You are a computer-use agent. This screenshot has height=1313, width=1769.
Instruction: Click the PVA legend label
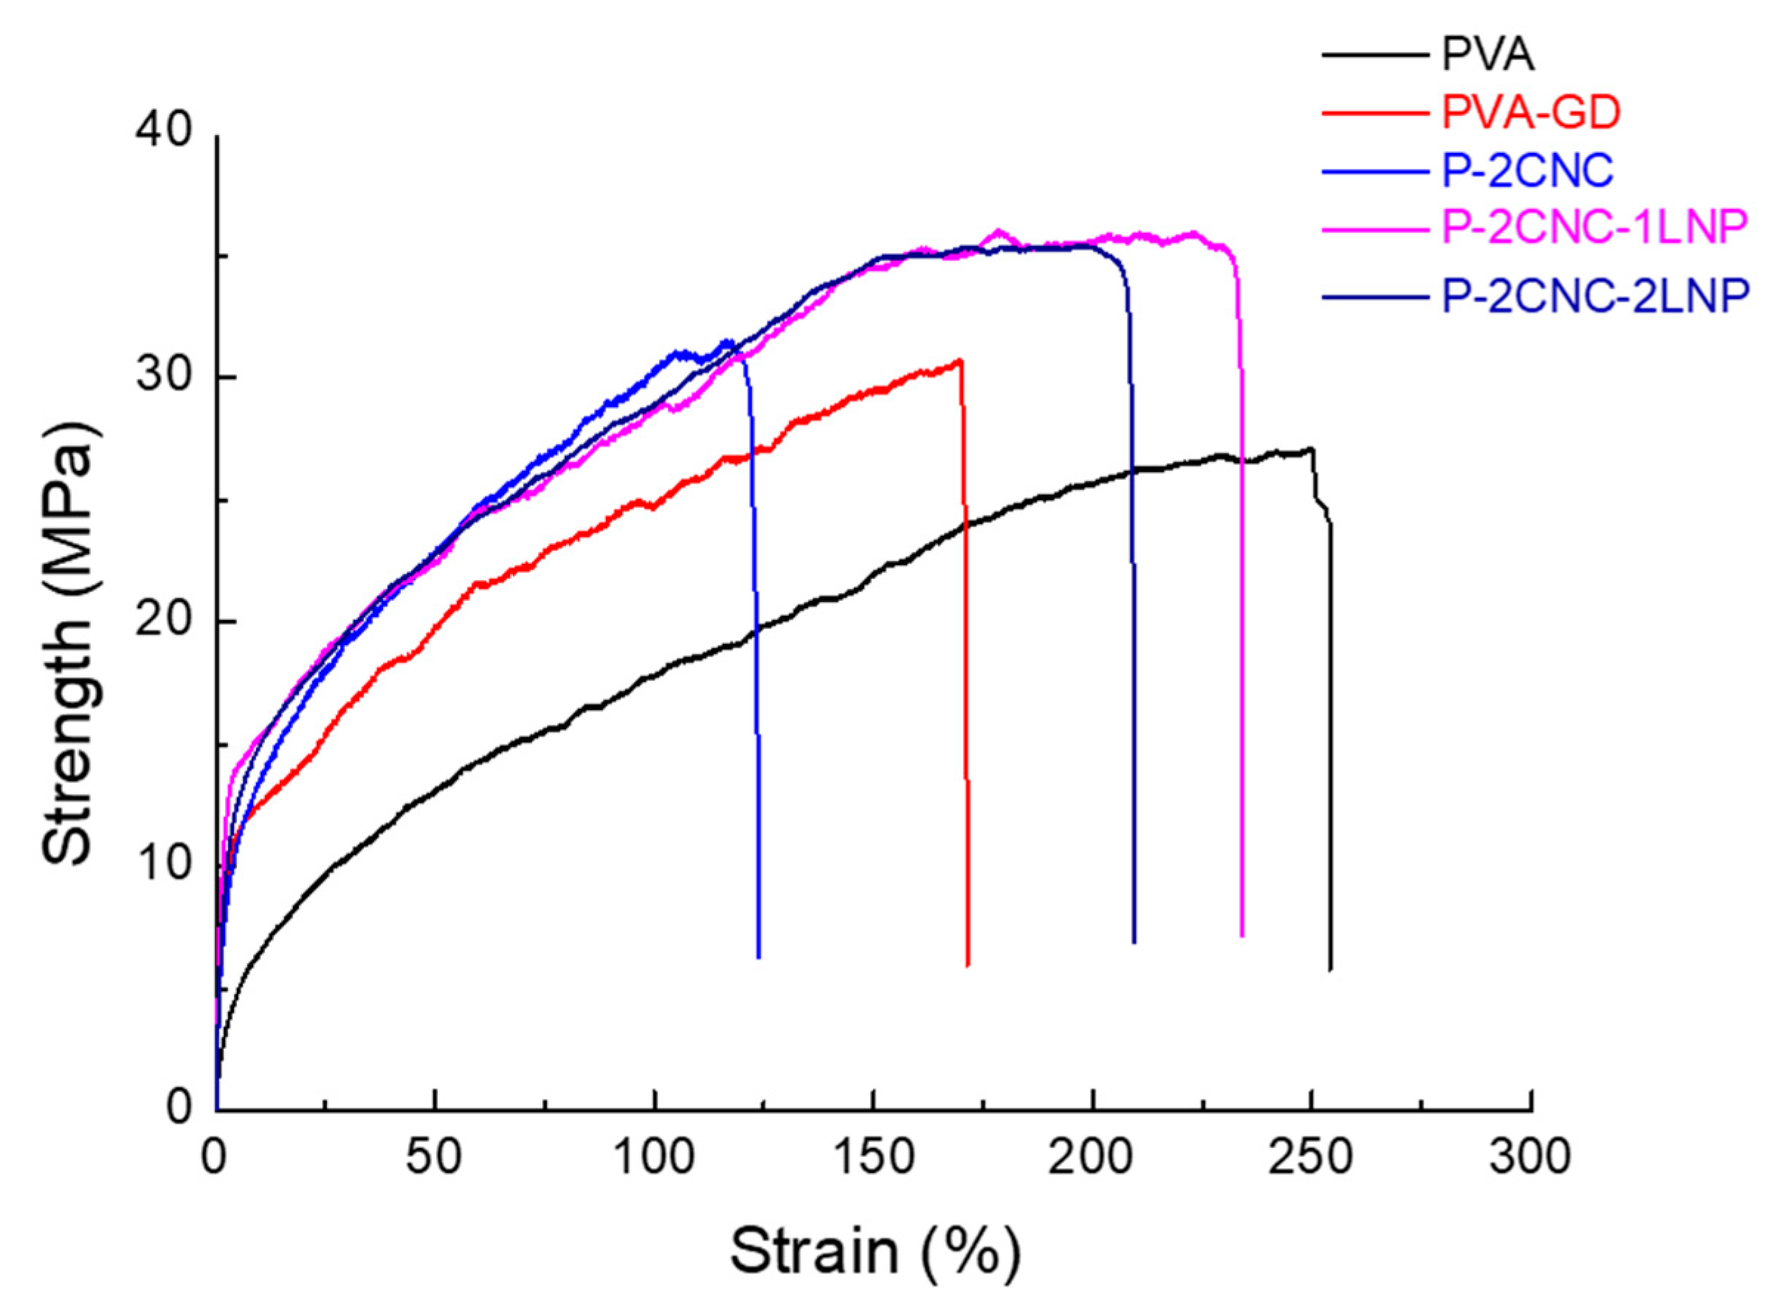(1488, 55)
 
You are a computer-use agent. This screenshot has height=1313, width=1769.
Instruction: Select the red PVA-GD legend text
(1531, 114)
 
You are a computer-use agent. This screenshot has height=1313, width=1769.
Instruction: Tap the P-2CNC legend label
(1528, 170)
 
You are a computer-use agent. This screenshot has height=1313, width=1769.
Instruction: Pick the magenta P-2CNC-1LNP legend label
(1594, 228)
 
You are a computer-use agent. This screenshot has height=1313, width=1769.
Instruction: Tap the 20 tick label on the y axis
(165, 621)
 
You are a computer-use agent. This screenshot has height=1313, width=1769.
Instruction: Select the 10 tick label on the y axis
(165, 865)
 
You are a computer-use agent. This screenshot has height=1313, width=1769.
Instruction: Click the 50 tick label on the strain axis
(433, 1158)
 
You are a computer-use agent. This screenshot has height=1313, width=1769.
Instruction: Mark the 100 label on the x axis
(653, 1158)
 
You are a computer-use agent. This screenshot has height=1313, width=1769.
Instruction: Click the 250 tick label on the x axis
(1311, 1158)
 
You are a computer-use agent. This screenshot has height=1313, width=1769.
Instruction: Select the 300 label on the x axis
(1531, 1158)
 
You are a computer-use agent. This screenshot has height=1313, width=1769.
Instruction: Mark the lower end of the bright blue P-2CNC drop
(759, 957)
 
